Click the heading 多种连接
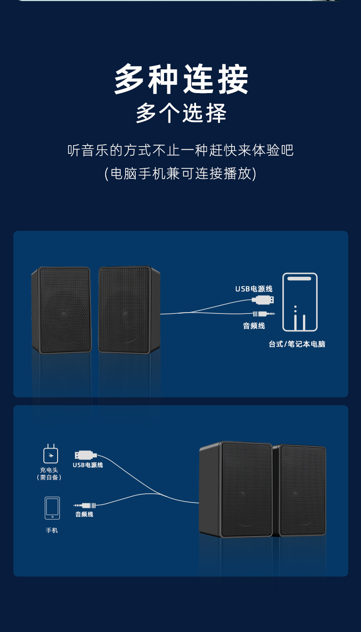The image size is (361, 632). [181, 79]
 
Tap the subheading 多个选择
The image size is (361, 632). [181, 113]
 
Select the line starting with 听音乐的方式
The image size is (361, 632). [180, 150]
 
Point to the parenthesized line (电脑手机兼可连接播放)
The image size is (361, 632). [180, 174]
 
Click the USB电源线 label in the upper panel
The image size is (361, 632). [254, 289]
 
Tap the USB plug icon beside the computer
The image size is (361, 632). [264, 300]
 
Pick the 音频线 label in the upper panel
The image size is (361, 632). [254, 326]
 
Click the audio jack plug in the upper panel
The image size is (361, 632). [264, 313]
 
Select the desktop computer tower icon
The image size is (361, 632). [300, 302]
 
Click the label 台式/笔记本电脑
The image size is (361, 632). [297, 344]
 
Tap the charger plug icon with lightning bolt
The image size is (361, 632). [51, 454]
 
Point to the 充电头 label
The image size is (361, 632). [49, 470]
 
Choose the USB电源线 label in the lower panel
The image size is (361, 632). [88, 465]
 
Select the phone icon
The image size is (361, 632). [52, 508]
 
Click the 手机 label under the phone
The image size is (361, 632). [52, 530]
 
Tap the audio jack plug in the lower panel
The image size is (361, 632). [85, 505]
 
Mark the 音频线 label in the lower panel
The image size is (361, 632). [84, 514]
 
